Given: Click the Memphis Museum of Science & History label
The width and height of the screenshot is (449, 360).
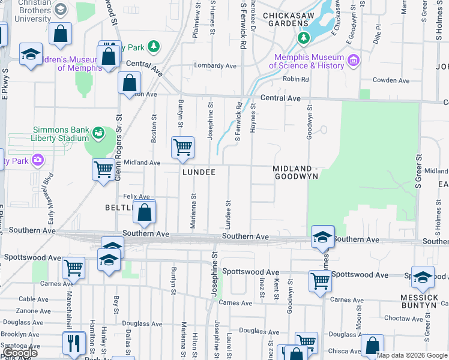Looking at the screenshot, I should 306,61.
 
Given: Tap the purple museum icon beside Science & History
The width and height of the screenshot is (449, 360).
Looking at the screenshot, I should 353,61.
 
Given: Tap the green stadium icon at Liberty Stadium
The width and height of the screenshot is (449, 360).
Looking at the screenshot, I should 98,133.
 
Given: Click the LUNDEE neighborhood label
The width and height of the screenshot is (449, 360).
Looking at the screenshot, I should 199,172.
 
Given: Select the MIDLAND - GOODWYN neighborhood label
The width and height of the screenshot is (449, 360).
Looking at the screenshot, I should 295,172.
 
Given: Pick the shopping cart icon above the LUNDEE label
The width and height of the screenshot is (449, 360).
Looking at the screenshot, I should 182,147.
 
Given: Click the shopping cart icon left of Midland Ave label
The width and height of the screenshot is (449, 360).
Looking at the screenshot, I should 103,169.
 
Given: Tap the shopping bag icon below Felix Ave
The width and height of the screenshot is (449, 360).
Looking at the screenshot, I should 145,212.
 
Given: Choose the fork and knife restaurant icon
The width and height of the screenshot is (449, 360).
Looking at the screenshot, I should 73,344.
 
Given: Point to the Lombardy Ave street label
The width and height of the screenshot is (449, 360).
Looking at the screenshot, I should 215,65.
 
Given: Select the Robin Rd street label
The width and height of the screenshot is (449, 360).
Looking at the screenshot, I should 296,79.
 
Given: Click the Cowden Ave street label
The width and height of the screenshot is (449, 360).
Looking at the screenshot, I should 391,80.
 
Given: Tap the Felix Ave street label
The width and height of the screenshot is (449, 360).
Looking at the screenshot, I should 136,196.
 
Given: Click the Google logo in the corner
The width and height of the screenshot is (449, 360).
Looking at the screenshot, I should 19,353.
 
